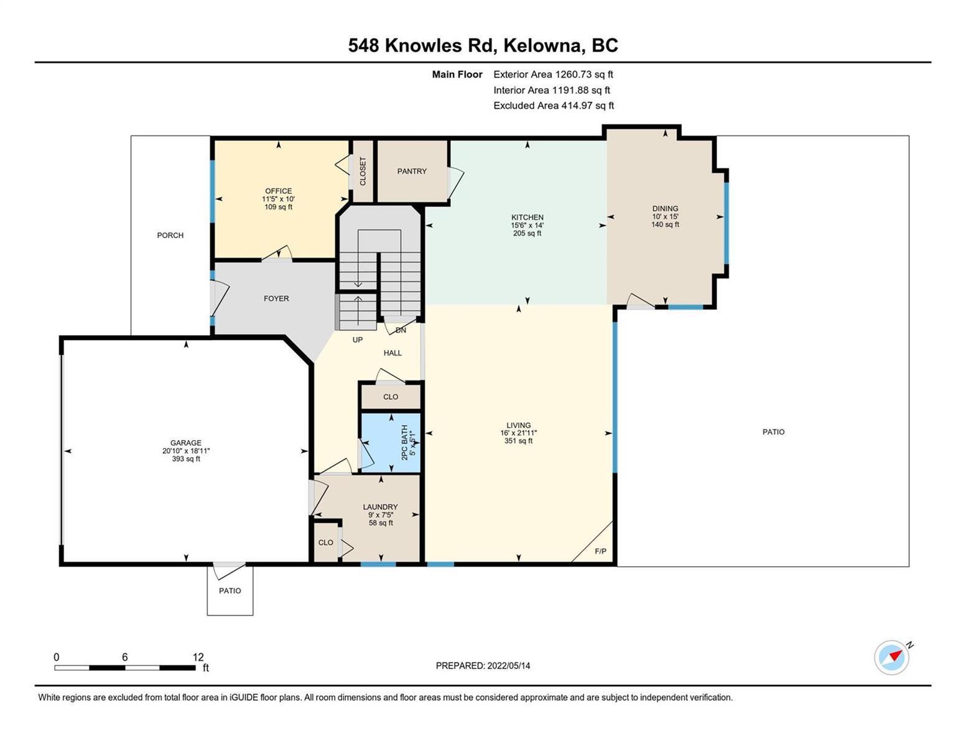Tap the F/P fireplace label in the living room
coord(600,551)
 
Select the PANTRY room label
coord(412,171)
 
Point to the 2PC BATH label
coord(404,442)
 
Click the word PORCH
coord(170,235)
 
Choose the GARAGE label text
coord(186,443)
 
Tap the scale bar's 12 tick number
coord(198,656)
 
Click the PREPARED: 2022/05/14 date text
coord(483,666)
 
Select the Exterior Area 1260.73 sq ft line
coord(553,74)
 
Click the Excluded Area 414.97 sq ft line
coord(554,105)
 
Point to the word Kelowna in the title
coord(544,45)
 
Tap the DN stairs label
coord(401,330)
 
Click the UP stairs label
coord(358,339)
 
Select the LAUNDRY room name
coord(380,507)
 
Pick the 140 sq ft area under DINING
coord(665,224)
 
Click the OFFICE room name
coord(278,191)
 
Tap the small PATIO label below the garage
coord(230,591)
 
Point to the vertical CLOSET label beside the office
coord(363,171)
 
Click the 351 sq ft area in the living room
coord(518,441)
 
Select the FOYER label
coord(276,298)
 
